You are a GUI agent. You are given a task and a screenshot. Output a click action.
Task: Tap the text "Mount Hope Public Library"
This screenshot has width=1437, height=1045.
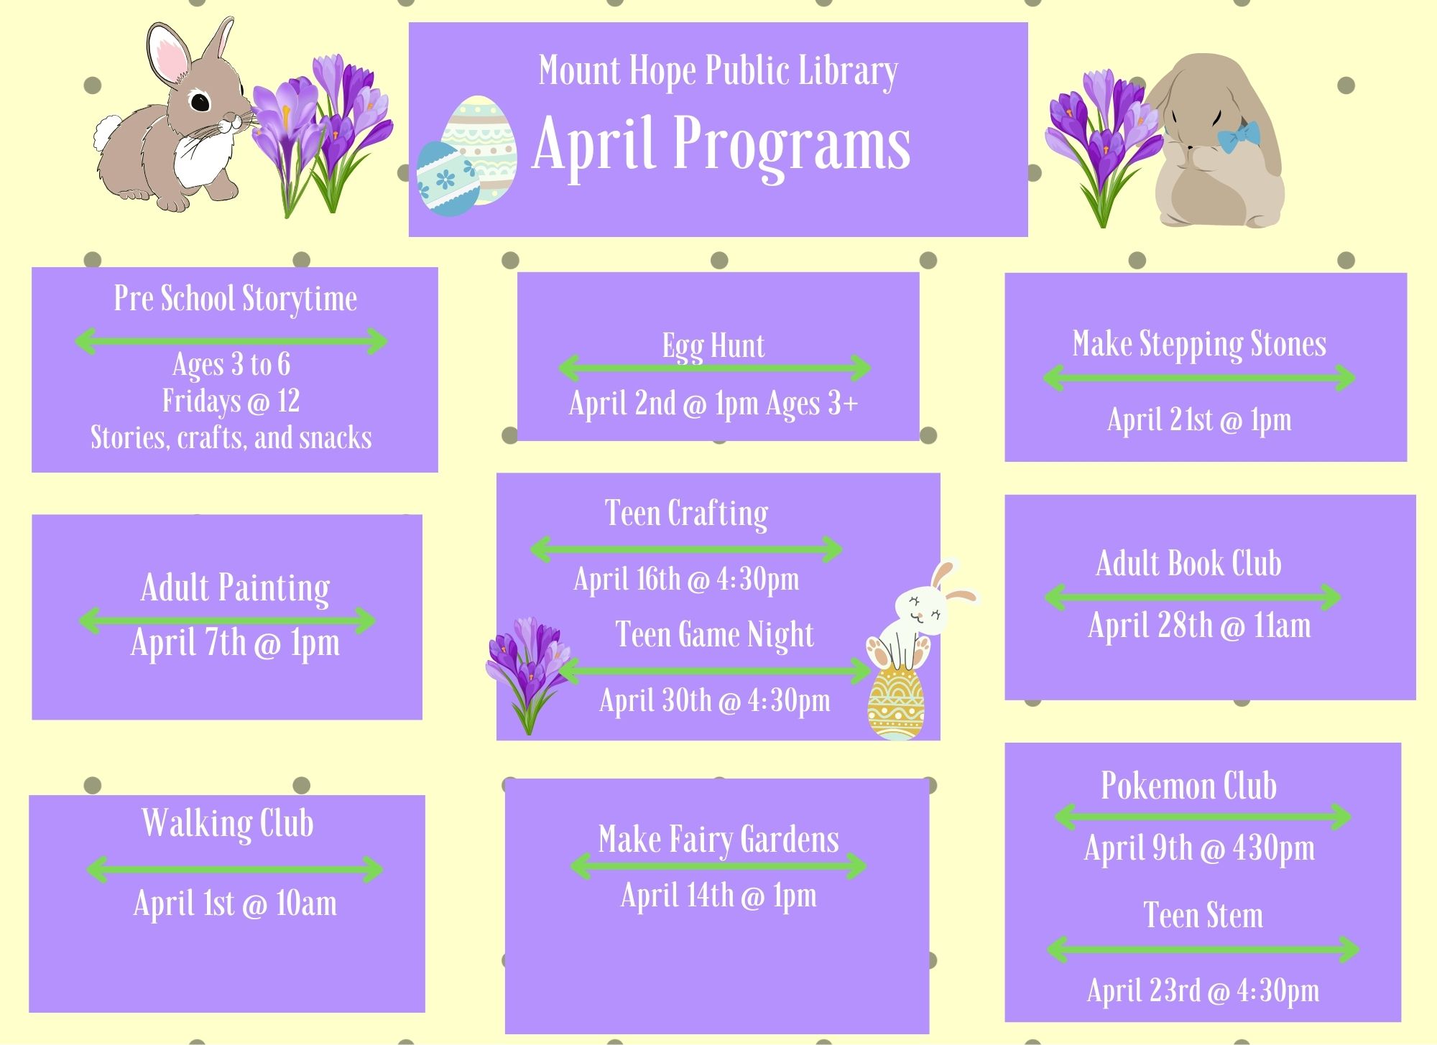click(x=718, y=72)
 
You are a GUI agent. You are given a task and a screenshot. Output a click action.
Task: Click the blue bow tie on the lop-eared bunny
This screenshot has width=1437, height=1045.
click(x=1239, y=136)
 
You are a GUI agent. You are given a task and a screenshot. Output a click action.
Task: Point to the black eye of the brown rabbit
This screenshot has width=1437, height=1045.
click(x=200, y=101)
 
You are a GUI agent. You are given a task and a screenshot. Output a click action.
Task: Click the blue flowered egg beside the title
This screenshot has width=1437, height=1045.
click(x=448, y=179)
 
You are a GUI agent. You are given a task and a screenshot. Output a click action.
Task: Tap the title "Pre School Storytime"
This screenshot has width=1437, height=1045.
click(x=236, y=299)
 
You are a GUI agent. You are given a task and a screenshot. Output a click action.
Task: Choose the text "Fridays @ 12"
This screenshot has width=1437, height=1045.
click(x=231, y=401)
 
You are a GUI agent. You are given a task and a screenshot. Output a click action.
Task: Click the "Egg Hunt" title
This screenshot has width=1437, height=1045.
click(x=713, y=346)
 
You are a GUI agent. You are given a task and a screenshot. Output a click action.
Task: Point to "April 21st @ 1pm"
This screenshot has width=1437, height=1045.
click(x=1199, y=420)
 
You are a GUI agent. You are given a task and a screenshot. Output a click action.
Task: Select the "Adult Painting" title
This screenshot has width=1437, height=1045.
click(x=236, y=588)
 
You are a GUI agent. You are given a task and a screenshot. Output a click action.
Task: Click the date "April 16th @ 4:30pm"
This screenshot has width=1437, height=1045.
click(x=686, y=579)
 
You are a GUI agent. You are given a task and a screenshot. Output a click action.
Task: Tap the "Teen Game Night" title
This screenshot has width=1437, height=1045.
click(x=715, y=635)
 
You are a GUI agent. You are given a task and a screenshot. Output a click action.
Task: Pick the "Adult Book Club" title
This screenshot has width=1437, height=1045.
click(x=1189, y=563)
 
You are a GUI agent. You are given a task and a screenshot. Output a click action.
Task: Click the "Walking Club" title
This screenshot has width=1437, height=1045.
click(x=228, y=823)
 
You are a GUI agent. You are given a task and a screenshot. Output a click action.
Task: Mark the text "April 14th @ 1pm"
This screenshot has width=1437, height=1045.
click(x=718, y=896)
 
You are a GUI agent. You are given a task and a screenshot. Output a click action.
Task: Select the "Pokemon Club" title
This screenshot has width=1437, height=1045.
click(x=1189, y=786)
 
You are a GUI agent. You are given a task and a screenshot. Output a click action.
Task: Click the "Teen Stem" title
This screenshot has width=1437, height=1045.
click(x=1203, y=916)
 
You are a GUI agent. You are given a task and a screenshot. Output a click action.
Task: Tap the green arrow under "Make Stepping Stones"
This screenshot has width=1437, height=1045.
click(x=1199, y=378)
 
